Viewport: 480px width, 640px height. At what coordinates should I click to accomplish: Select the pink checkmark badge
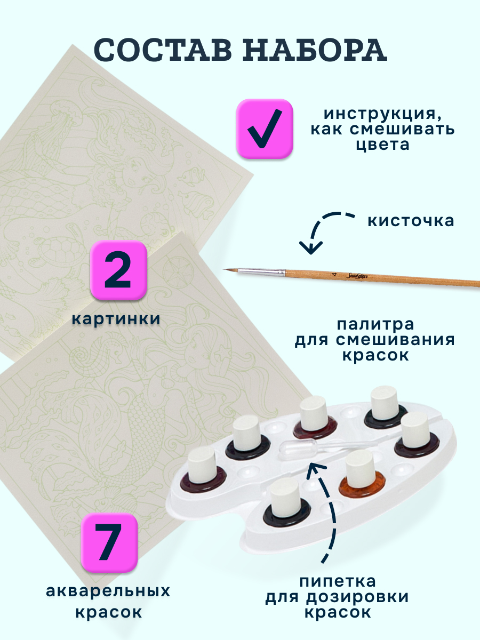pyautogui.click(x=265, y=129)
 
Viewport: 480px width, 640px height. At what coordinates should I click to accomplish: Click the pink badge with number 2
pyautogui.click(x=118, y=270)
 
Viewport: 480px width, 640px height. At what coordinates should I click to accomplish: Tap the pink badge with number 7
pyautogui.click(x=109, y=542)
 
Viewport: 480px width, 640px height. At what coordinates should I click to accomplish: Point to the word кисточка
pyautogui.click(x=411, y=221)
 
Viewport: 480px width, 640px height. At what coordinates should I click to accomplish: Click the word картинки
pyautogui.click(x=116, y=319)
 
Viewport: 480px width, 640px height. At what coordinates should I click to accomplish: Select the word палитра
pyautogui.click(x=375, y=324)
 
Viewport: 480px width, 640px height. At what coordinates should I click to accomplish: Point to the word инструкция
pyautogui.click(x=382, y=114)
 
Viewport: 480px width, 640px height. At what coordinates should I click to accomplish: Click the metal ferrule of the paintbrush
pyautogui.click(x=261, y=272)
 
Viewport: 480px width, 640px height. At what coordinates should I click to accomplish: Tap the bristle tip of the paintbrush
pyautogui.click(x=230, y=270)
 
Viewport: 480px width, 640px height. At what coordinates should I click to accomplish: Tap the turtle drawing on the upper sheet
pyautogui.click(x=61, y=249)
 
